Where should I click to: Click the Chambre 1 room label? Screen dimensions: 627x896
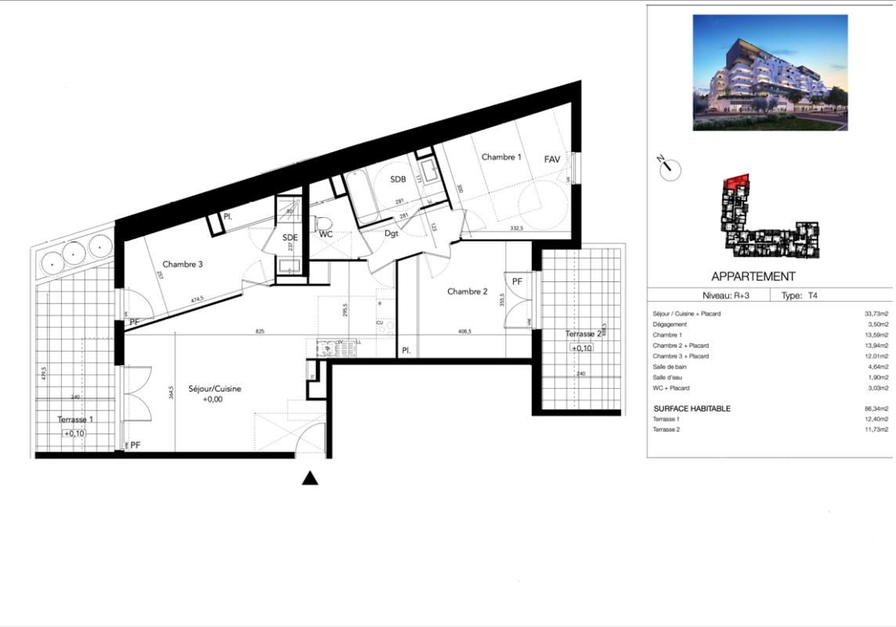(501, 158)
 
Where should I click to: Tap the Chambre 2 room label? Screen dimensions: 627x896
(468, 292)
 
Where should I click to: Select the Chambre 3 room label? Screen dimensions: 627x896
(183, 264)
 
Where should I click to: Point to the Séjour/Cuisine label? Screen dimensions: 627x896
(215, 389)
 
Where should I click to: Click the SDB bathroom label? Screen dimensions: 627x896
(399, 179)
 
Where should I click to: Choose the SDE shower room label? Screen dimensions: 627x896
(291, 237)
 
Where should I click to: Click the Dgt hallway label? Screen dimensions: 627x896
(392, 233)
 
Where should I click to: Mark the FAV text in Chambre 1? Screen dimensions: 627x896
(553, 159)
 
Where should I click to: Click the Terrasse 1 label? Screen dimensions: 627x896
(77, 420)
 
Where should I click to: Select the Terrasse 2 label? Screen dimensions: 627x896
(584, 334)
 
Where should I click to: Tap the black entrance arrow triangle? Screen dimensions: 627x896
(310, 478)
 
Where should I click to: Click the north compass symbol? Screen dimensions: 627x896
(670, 168)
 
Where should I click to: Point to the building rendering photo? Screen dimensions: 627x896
(770, 72)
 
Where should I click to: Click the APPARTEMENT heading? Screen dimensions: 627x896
(753, 277)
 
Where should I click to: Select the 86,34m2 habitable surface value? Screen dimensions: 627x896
(874, 408)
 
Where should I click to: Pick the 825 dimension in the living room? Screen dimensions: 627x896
(260, 332)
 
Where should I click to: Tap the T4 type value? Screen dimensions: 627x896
(813, 296)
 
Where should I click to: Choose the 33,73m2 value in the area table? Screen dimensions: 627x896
(874, 313)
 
